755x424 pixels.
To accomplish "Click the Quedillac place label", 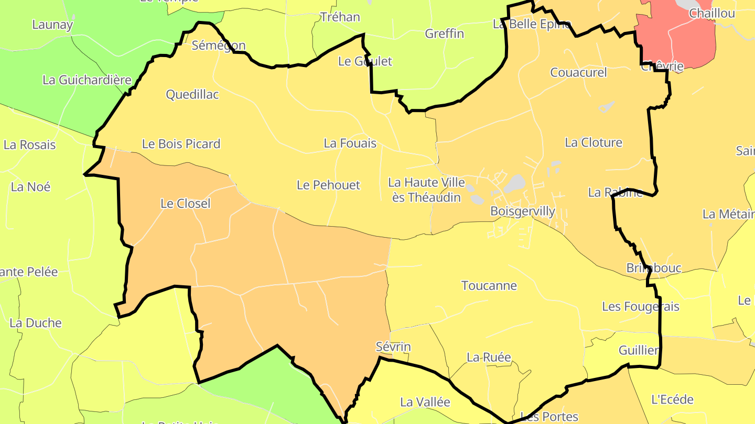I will click(192, 95).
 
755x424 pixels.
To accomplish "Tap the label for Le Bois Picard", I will click(181, 144).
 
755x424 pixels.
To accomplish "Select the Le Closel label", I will click(186, 204).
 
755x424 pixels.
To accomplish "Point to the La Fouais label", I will click(350, 143).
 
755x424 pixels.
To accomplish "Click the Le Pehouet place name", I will click(329, 185).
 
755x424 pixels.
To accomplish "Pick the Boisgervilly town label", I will click(523, 211).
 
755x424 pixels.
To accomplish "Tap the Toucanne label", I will click(489, 286).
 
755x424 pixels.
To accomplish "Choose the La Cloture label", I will click(594, 142).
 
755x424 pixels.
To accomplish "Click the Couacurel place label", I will click(578, 72).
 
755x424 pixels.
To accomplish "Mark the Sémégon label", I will click(219, 45).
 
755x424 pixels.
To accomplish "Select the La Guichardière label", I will click(87, 80).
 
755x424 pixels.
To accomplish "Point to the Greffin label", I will click(445, 34).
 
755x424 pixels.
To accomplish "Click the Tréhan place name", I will click(340, 17).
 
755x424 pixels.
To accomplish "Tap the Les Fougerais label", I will click(641, 307).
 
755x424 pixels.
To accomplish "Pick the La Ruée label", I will click(489, 357).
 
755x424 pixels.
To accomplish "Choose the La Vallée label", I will click(425, 402).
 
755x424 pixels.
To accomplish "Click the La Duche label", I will click(36, 323).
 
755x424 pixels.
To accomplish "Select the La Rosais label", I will click(30, 144).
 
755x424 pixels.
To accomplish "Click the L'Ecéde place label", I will click(672, 399).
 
